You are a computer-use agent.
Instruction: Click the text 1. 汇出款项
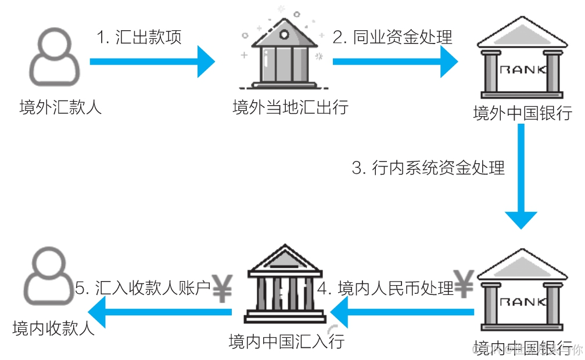(x=139, y=37)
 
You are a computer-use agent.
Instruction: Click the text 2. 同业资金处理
(x=392, y=37)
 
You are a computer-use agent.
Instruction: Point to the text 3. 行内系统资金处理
(x=429, y=168)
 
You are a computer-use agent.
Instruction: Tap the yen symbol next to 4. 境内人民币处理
(x=464, y=284)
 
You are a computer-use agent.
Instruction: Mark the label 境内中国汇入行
(x=287, y=340)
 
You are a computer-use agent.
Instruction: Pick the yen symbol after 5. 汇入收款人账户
(x=222, y=288)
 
